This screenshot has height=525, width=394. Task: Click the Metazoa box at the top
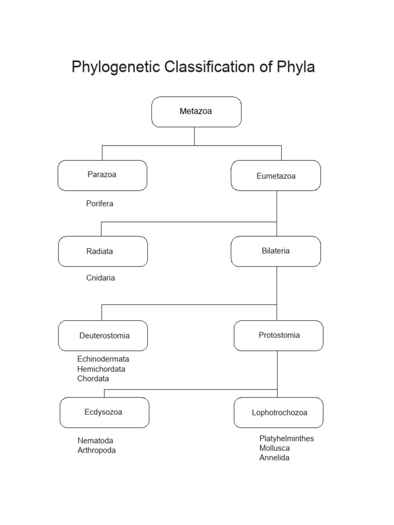[196, 112]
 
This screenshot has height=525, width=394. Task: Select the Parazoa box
[102, 175]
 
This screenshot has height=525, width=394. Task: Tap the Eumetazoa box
[276, 176]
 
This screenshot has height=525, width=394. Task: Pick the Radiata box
[103, 251]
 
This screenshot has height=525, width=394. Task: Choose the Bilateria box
[276, 251]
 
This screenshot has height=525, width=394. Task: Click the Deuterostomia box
[103, 336]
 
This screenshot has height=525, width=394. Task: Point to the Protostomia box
[279, 335]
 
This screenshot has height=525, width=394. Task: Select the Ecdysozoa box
[104, 412]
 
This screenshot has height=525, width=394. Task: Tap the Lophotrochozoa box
[279, 412]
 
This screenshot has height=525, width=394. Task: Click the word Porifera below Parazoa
[100, 204]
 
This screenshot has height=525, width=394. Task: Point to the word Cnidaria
[101, 278]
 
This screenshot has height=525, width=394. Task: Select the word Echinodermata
[103, 359]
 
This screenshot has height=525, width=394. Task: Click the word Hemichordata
[101, 369]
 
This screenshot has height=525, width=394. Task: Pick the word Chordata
[93, 379]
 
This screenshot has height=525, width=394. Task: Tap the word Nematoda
[95, 441]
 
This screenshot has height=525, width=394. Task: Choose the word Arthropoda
[96, 451]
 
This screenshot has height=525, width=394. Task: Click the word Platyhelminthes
[286, 439]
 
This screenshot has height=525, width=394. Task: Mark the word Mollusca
[274, 448]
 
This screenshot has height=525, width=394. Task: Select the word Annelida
[274, 458]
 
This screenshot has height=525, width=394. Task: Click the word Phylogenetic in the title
[115, 67]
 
